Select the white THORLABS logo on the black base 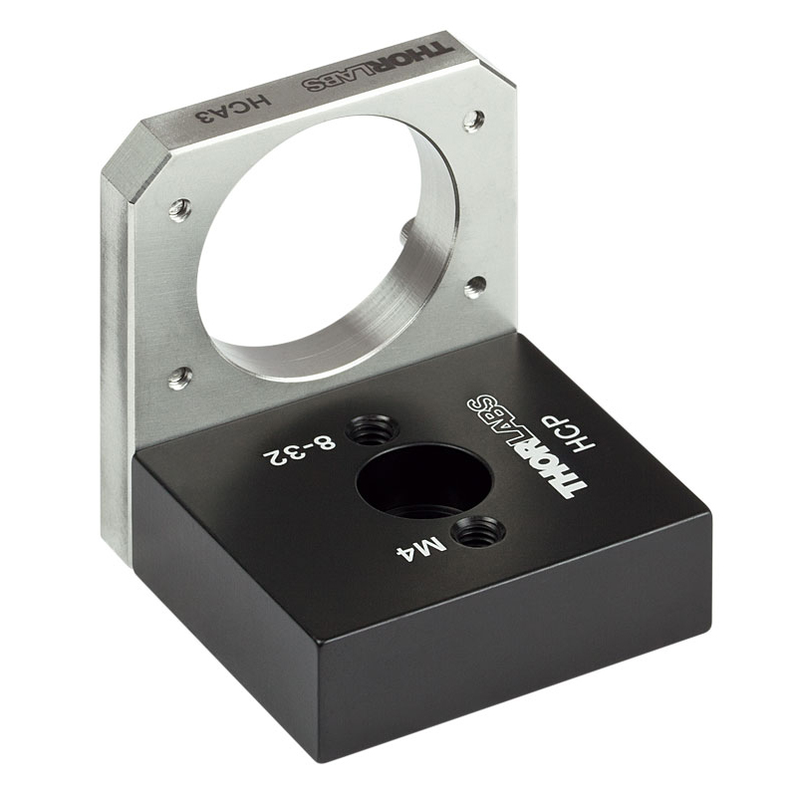[526, 445]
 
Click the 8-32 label [300, 451]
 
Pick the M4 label [421, 550]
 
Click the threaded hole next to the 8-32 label [372, 429]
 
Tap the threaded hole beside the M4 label [480, 532]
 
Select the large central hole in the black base [424, 482]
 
